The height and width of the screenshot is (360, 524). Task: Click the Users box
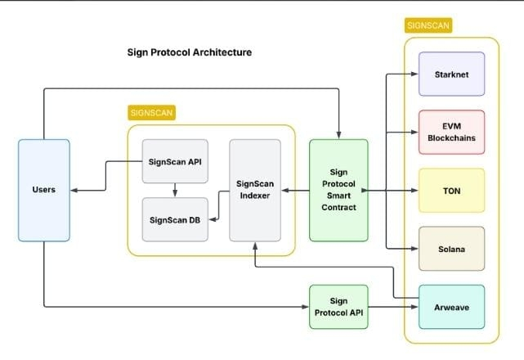pyautogui.click(x=43, y=190)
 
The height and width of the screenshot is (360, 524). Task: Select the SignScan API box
pyautogui.click(x=175, y=161)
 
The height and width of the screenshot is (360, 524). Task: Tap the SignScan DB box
pyautogui.click(x=175, y=219)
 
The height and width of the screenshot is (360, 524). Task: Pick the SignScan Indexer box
pyautogui.click(x=255, y=190)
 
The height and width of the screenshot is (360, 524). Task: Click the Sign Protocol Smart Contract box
pyautogui.click(x=338, y=190)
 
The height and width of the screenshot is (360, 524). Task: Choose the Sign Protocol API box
pyautogui.click(x=338, y=307)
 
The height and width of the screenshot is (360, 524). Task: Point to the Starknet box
pyautogui.click(x=451, y=74)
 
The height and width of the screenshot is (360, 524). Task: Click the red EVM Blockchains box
pyautogui.click(x=451, y=132)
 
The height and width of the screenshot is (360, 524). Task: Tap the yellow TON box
pyautogui.click(x=451, y=190)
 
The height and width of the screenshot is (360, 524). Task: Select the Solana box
pyautogui.click(x=451, y=248)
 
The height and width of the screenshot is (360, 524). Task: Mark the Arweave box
pyautogui.click(x=451, y=307)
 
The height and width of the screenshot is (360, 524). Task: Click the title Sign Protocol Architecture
pyautogui.click(x=190, y=52)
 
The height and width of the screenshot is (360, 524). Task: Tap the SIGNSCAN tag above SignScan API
pyautogui.click(x=152, y=112)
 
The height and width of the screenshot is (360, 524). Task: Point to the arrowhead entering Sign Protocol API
pyautogui.click(x=305, y=307)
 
